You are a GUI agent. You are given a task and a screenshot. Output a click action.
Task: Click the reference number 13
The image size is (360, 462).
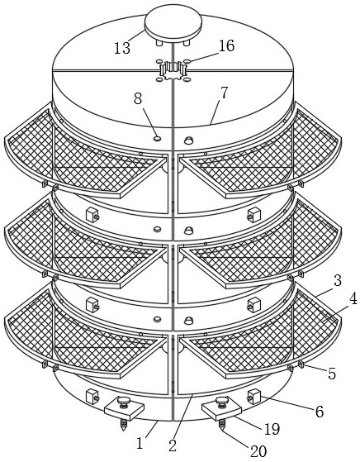point(122,48)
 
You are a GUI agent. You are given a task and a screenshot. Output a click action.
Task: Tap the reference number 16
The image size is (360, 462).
point(227,46)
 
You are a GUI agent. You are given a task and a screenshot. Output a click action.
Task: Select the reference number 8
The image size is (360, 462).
point(138,98)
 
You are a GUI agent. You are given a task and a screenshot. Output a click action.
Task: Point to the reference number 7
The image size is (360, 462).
point(224,93)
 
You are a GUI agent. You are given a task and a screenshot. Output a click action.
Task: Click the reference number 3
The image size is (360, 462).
point(338,281)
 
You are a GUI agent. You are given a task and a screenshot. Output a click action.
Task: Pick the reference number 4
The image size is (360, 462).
point(353,298)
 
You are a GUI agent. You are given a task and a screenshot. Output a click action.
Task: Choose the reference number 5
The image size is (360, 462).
point(332,374)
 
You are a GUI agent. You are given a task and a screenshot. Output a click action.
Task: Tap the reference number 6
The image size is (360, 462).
point(320,412)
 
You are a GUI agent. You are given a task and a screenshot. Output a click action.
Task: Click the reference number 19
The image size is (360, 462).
point(272,429)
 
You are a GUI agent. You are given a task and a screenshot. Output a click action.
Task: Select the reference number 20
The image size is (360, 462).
point(258,451)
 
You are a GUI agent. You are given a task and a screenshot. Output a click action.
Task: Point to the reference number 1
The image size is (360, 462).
point(140,443)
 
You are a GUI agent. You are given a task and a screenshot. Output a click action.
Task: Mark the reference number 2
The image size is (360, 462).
point(173,445)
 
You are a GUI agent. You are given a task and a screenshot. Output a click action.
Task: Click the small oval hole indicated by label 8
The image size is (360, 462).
point(158,138)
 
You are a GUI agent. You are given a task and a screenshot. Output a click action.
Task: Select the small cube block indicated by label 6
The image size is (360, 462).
point(253,397)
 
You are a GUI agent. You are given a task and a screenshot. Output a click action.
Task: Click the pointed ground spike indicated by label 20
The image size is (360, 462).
point(221,425)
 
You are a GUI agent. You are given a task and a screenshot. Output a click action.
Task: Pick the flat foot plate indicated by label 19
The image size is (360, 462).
point(221,411)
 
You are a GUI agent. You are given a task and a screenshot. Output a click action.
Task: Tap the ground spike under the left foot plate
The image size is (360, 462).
point(124,425)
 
